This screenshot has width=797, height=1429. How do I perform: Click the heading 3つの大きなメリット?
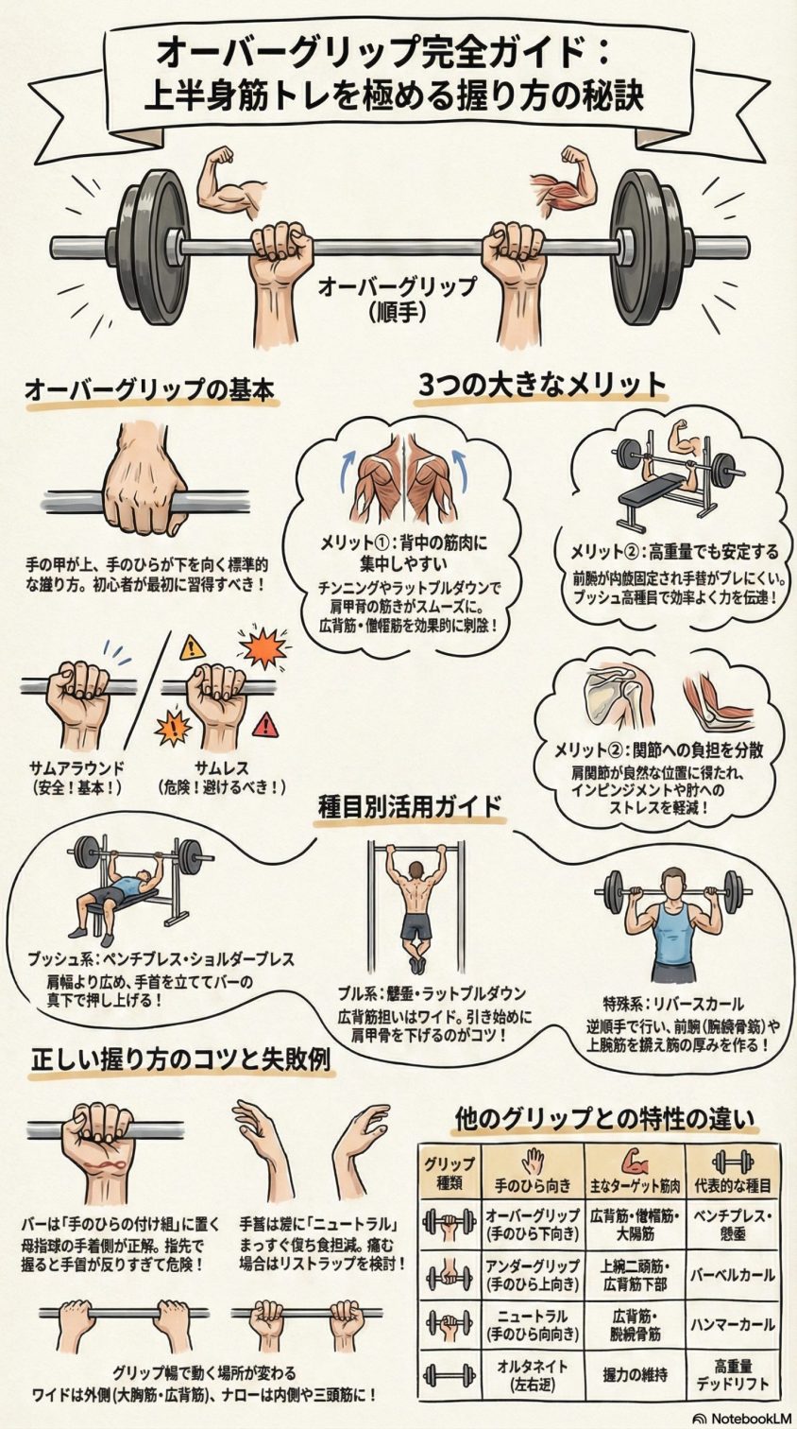pos(542,385)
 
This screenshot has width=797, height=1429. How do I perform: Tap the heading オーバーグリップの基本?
pos(149,389)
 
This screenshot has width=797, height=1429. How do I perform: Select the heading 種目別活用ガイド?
pos(410,808)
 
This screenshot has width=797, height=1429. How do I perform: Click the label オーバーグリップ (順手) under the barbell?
pos(397,297)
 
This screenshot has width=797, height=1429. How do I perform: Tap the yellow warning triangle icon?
pos(193,647)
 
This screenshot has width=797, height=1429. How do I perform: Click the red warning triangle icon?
pos(267,725)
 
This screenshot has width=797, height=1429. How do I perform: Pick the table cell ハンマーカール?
pos(733,1324)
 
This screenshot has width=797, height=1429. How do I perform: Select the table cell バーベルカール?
pos(733,1274)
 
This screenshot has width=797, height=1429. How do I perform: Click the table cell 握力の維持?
pos(635,1374)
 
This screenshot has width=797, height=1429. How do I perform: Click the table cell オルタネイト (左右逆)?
pos(532,1374)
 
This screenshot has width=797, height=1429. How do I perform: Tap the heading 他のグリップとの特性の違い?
pos(604,1119)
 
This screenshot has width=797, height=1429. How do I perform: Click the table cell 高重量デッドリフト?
pos(733,1374)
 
